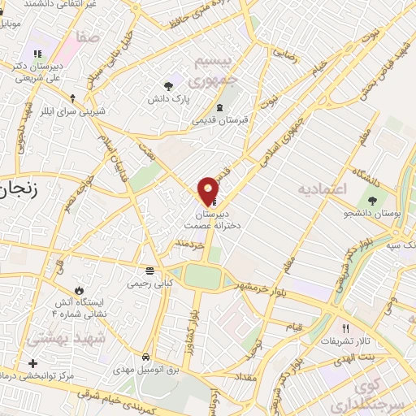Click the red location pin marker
pos(209,190)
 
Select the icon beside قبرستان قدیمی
pos(219,107)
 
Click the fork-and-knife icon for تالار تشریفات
pos(345,329)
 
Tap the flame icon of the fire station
pos(79,289)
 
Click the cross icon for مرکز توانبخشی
pos(32,363)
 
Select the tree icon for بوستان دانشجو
pos(373,200)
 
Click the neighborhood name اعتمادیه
pos(323,189)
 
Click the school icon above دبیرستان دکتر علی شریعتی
pos(37,54)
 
